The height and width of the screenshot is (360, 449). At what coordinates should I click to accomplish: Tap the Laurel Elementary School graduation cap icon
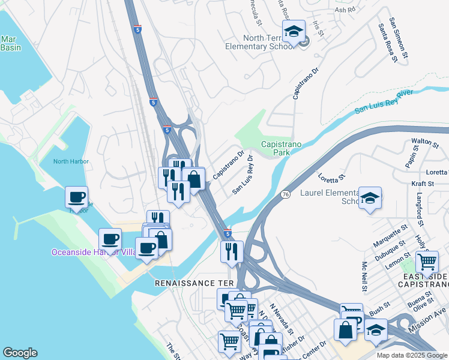(x=370, y=198)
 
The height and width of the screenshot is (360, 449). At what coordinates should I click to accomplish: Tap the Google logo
(x=20, y=353)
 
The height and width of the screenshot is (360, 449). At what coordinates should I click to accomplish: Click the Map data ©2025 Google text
(x=411, y=355)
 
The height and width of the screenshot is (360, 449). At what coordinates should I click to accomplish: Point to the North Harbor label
(x=70, y=161)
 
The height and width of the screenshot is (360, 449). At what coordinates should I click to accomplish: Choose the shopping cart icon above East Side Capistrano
(x=427, y=262)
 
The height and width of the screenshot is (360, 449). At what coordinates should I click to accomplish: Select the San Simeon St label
(x=398, y=38)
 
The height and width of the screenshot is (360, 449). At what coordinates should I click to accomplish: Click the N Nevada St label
(x=281, y=319)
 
